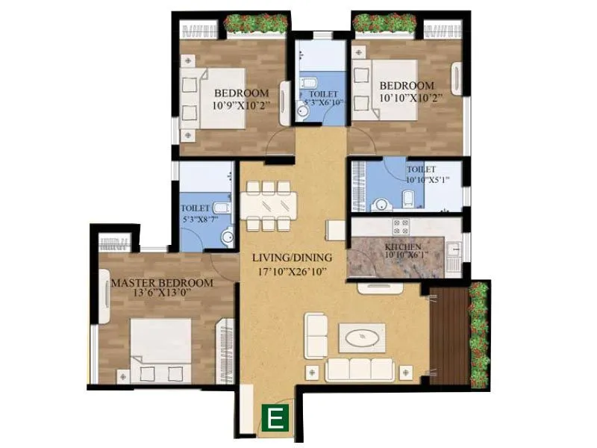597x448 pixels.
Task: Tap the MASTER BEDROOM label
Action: pyautogui.click(x=162, y=284)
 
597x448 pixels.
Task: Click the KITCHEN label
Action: pyautogui.click(x=403, y=247)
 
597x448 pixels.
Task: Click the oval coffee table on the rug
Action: pyautogui.click(x=362, y=337)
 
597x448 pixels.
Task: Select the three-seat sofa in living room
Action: pyautogui.click(x=361, y=368)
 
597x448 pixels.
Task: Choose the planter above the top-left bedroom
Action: pyautogui.click(x=256, y=24)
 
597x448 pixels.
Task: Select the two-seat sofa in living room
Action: pyautogui.click(x=316, y=336)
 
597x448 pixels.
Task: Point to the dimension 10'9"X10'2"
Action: pyautogui.click(x=240, y=106)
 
